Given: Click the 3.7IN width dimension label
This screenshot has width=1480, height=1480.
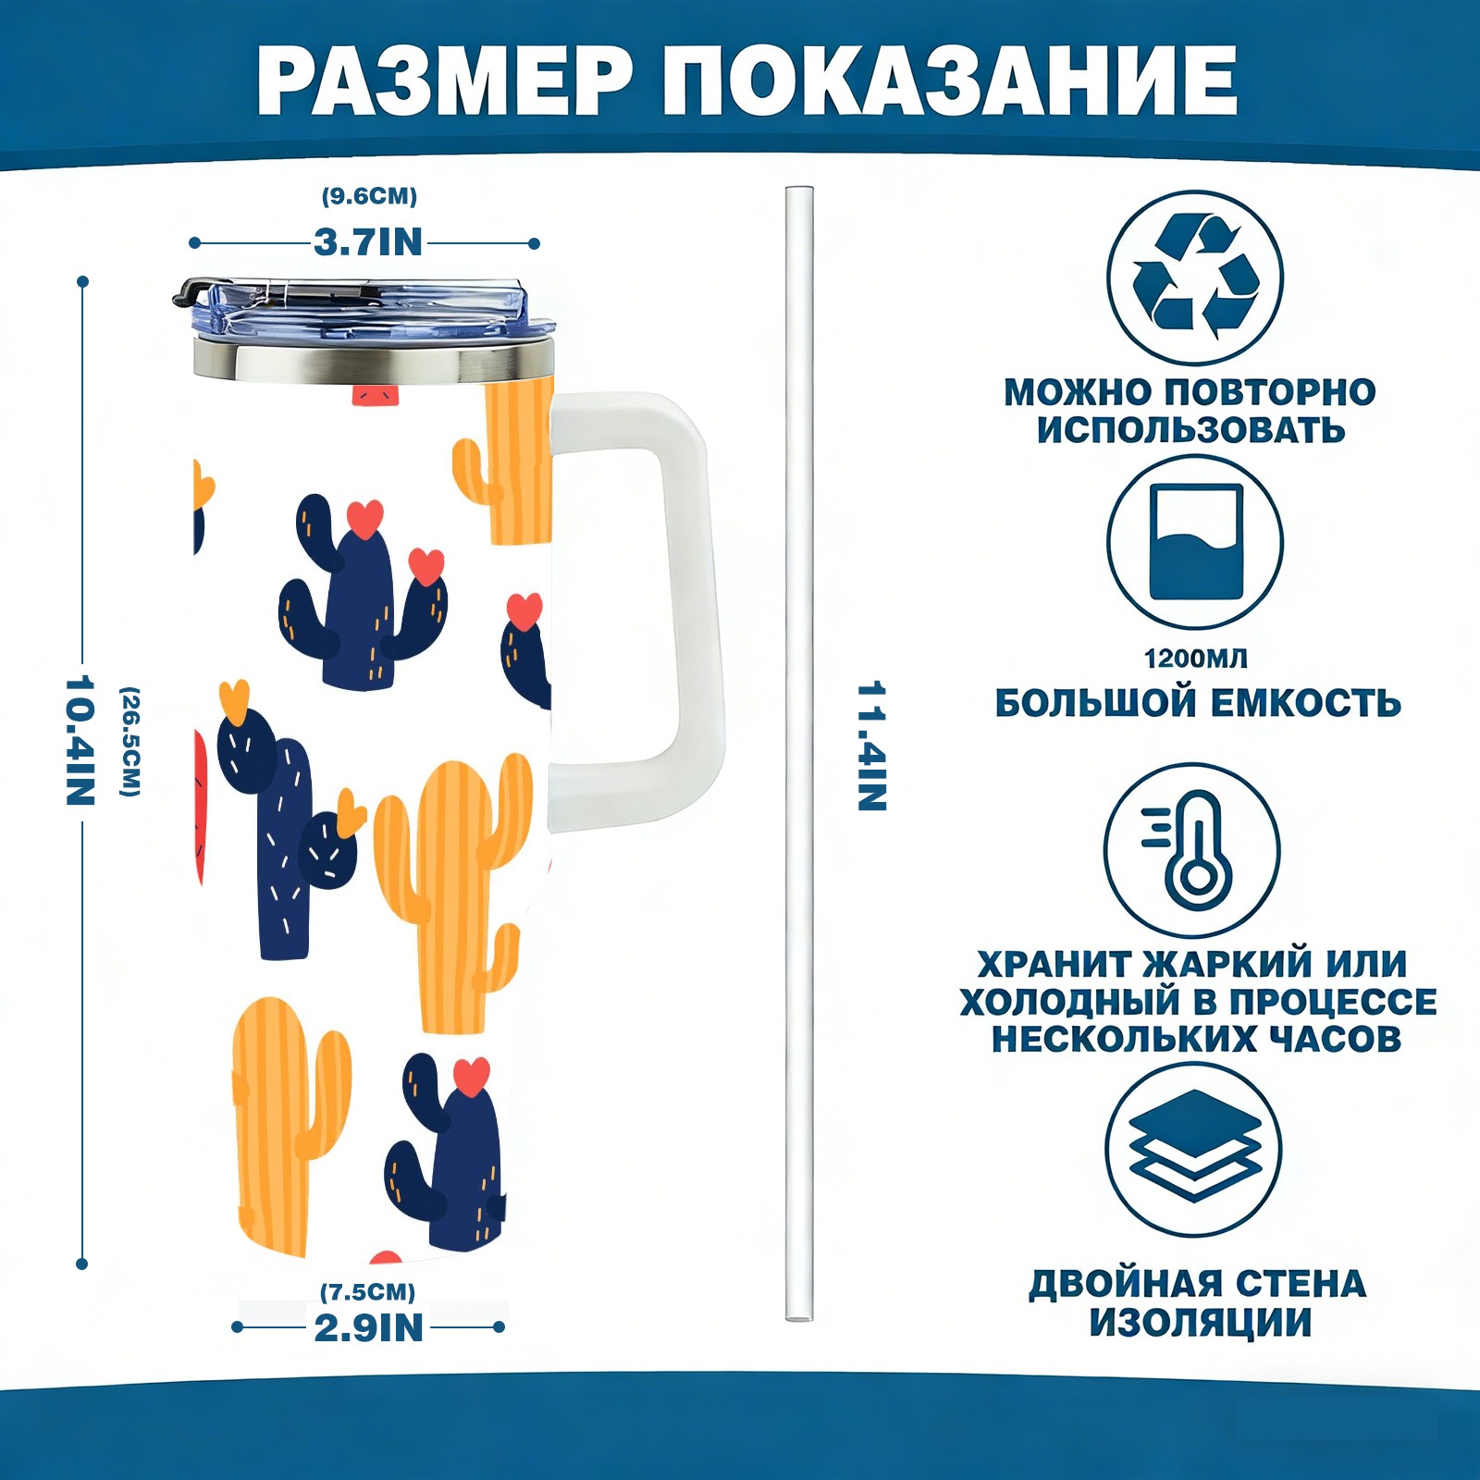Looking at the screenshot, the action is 368,242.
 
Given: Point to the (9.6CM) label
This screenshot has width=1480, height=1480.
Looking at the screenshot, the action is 369,196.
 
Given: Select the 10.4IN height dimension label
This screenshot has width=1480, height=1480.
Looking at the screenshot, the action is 80,740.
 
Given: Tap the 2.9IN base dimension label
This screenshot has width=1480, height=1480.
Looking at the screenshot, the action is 368,1328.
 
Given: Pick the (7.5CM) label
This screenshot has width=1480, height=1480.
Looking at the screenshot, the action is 368,1291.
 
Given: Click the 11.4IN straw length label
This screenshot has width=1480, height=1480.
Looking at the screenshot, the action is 871,746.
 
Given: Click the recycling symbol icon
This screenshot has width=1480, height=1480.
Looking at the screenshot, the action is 1195,277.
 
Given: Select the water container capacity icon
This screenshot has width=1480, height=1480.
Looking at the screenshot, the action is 1195,542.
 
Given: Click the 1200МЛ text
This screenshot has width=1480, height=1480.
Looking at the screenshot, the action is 1195,659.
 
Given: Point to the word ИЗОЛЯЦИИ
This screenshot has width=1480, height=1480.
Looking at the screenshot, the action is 1200,1323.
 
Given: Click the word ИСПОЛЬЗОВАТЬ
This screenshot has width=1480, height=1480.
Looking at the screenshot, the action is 1190,430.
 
